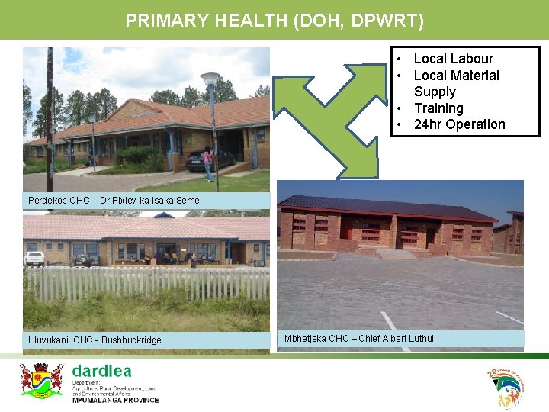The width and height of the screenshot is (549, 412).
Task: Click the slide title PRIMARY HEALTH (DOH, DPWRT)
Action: [274, 21]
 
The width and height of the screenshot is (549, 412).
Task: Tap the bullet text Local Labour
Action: [453, 59]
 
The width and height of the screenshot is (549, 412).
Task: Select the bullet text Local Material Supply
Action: [456, 83]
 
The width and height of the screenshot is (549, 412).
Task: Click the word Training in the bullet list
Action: [438, 108]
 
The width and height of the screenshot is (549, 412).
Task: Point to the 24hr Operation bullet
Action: [459, 124]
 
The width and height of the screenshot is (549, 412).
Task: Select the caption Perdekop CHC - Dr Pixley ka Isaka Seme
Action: [114, 201]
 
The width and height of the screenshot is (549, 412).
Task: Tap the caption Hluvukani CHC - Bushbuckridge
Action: [95, 340]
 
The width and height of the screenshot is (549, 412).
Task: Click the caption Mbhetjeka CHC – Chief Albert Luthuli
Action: [360, 338]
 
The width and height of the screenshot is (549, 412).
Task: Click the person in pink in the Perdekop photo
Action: [207, 163]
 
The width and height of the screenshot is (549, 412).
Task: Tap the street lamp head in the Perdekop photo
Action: [210, 79]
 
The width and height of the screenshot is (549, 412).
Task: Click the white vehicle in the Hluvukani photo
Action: [34, 259]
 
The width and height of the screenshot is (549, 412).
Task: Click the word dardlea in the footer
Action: [101, 372]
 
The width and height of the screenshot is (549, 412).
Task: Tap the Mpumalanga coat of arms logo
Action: [41, 379]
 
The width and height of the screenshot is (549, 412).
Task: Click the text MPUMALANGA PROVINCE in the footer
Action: [115, 400]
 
